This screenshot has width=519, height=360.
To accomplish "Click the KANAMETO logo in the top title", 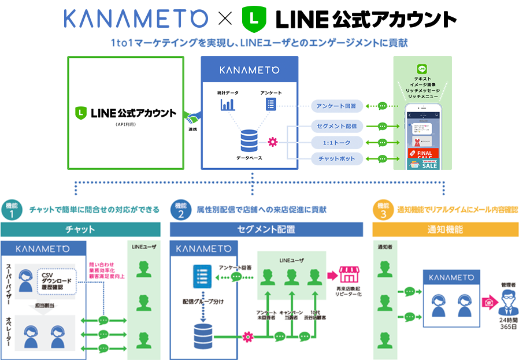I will tap(135, 18).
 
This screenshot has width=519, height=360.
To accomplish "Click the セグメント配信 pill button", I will tap(337, 125).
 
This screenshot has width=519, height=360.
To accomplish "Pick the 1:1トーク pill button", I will tap(337, 142).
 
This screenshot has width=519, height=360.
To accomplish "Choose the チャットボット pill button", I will tap(337, 158).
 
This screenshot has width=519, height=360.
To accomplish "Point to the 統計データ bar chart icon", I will tap(227, 105).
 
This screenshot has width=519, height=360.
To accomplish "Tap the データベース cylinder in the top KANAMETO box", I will tap(249, 140).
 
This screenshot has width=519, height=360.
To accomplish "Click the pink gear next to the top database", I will tap(272, 141).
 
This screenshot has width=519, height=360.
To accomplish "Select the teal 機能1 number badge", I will tap(12, 209).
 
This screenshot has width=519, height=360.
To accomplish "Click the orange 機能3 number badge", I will tap(383, 209).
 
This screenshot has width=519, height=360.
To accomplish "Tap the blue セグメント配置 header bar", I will tap(266, 229).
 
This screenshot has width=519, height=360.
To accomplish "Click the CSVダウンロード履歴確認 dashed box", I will tap(56, 281).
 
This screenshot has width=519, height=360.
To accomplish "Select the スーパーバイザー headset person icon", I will tap(26, 279).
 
